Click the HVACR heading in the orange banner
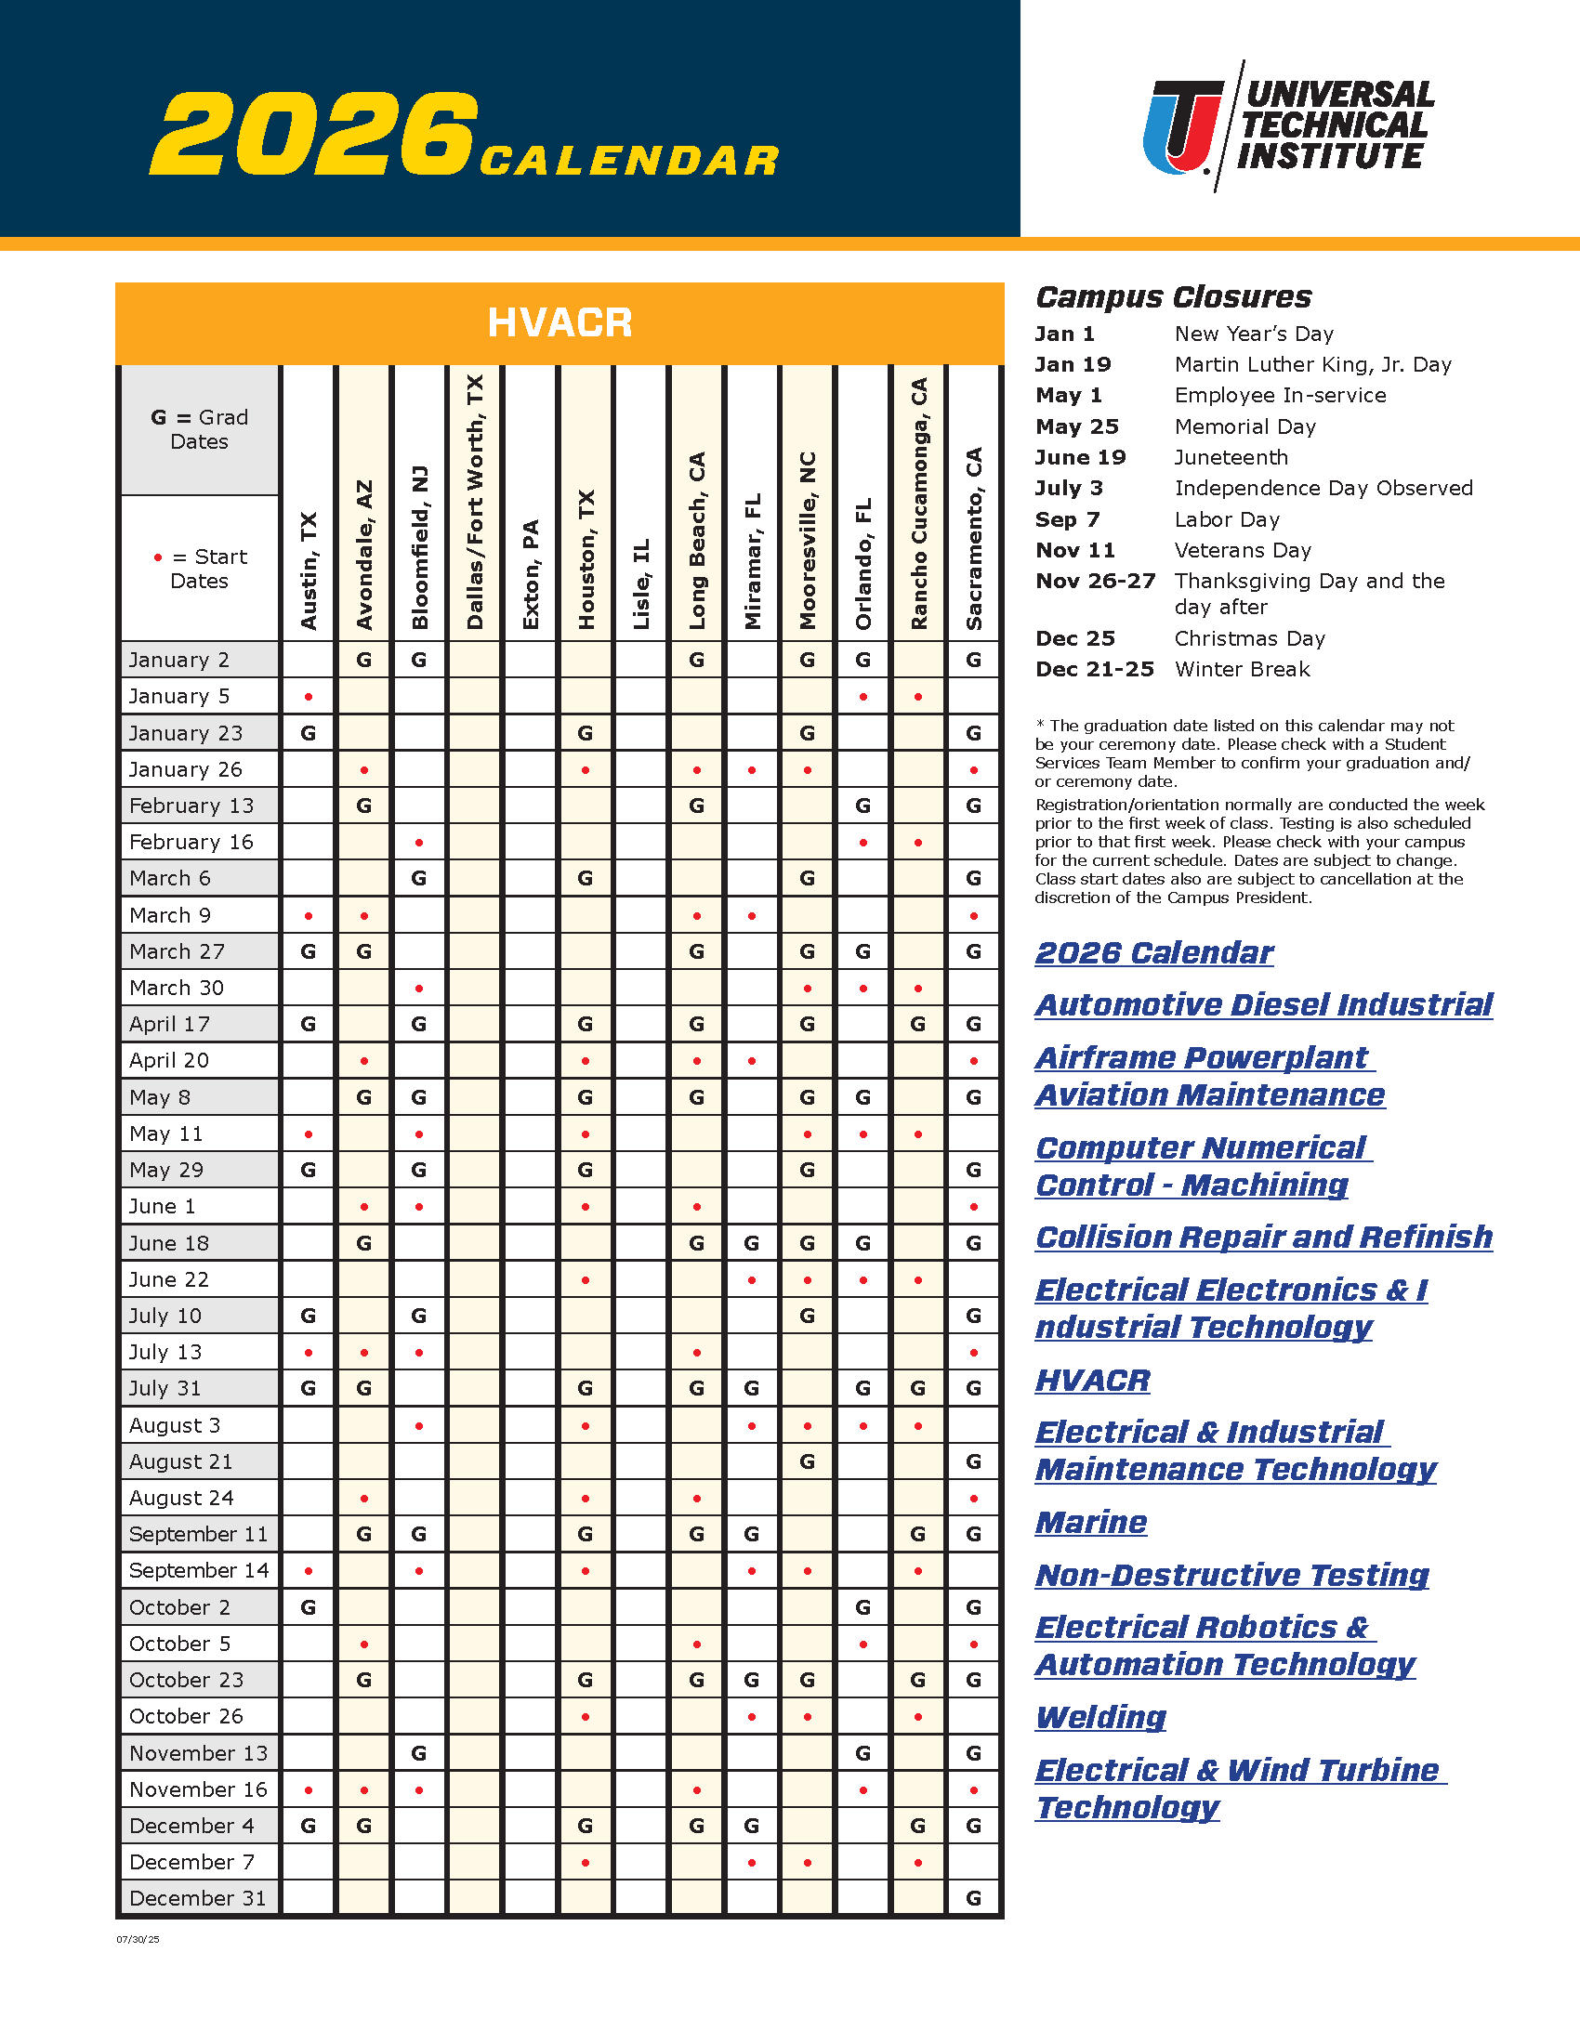560,323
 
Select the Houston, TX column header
586,558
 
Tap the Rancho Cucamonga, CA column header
918,504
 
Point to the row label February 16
191,843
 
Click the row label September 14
199,1570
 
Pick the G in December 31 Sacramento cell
973,1899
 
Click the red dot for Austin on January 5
309,697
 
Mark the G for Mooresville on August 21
807,1461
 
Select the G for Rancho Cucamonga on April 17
918,1025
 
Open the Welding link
1100,1717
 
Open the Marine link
1090,1523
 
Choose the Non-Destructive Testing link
1231,1575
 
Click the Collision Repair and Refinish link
1264,1238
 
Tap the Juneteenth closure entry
1231,458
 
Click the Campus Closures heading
1173,297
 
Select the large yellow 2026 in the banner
313,133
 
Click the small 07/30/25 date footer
138,1940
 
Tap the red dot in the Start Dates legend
158,557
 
